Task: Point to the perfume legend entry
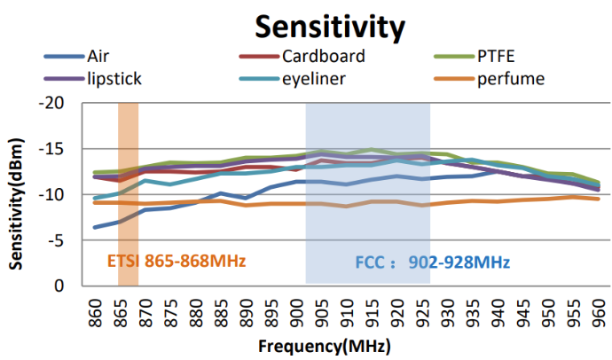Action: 510,79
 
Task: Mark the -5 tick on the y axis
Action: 59,239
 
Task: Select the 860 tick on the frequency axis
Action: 95,311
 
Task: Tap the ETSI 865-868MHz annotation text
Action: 176,262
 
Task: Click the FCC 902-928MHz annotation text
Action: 432,262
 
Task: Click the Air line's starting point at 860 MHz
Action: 95,227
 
